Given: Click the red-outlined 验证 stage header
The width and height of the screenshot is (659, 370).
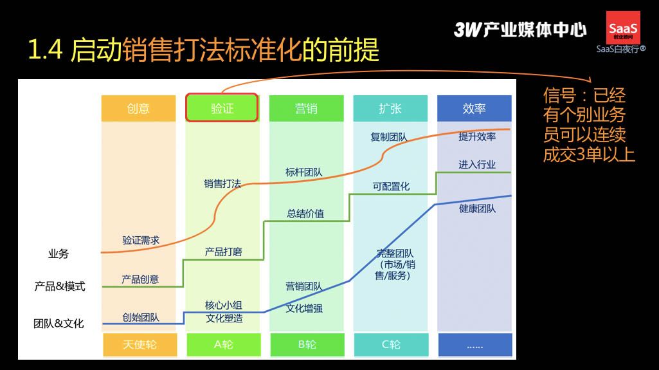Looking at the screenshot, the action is pyautogui.click(x=221, y=107).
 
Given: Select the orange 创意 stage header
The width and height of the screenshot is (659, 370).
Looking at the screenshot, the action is pyautogui.click(x=138, y=109).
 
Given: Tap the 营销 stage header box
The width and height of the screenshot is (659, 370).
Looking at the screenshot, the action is pyautogui.click(x=306, y=109).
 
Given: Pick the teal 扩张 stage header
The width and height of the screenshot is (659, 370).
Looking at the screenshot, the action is pyautogui.click(x=390, y=109).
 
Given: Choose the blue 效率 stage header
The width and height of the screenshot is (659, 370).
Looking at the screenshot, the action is pyautogui.click(x=474, y=109).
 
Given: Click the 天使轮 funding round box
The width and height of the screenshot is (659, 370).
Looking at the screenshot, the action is pyautogui.click(x=140, y=345).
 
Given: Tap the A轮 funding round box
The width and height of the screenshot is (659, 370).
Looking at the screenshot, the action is pyautogui.click(x=224, y=345).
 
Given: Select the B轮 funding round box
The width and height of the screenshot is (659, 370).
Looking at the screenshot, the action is pyautogui.click(x=307, y=345).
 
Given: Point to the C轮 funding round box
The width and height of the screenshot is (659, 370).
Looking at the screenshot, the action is pyautogui.click(x=392, y=345).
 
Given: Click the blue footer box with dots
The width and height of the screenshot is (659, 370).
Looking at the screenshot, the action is pyautogui.click(x=475, y=345).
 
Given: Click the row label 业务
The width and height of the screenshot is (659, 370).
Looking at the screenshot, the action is pyautogui.click(x=59, y=254).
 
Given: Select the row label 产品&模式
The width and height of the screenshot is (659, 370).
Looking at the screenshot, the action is pyautogui.click(x=60, y=286).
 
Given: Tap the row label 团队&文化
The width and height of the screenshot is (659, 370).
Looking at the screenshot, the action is pyautogui.click(x=59, y=323).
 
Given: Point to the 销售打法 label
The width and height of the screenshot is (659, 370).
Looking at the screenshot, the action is pyautogui.click(x=222, y=183).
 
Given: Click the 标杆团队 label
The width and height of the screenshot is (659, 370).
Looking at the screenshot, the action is pyautogui.click(x=304, y=172).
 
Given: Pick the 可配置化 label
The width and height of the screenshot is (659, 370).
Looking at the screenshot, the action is pyautogui.click(x=391, y=186).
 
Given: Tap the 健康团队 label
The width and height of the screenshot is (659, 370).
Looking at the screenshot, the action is pyautogui.click(x=478, y=208).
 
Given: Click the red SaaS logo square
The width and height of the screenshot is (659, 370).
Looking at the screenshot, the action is pyautogui.click(x=623, y=28).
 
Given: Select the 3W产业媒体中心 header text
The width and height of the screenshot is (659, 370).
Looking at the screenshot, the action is pyautogui.click(x=520, y=30).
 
